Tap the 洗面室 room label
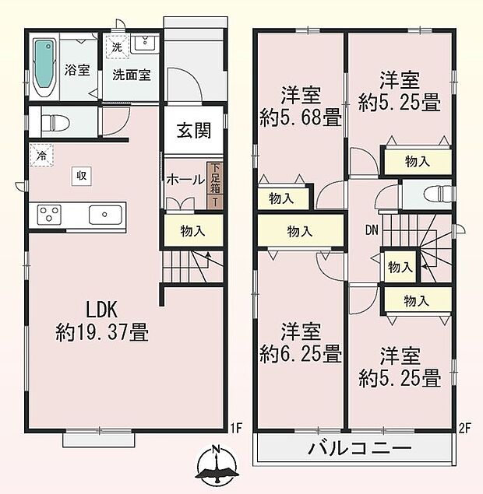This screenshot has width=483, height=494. coord(131,75)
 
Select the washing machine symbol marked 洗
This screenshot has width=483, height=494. coord(117,47)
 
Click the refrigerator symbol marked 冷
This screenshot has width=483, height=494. coord(40,155)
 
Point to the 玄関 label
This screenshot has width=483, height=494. coord(192,131)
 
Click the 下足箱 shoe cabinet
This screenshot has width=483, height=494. coord(213,185)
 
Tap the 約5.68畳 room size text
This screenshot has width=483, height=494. coord(300,109)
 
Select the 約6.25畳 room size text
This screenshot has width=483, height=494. coord(300,343)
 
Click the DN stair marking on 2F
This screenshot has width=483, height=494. coord(372,230)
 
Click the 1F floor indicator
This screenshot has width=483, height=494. coord(238,427)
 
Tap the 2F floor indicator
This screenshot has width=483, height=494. coord(466,427)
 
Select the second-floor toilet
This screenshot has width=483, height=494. coord(436,193)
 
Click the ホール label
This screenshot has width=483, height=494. coord(184,179)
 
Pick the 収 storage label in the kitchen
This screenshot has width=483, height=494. coord(81,176)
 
